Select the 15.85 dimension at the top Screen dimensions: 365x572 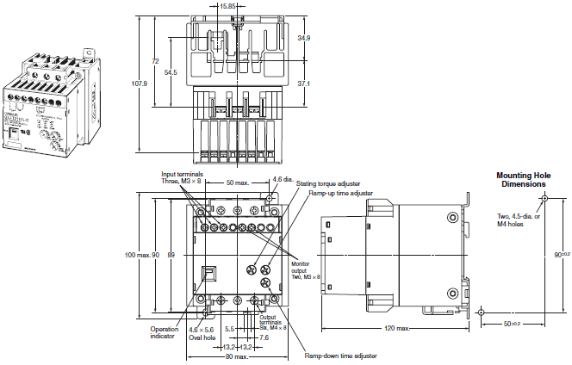(x=228, y=6)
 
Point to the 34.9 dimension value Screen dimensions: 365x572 (x=303, y=39)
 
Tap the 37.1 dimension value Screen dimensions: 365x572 (x=303, y=84)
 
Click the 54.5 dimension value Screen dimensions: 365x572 (x=171, y=73)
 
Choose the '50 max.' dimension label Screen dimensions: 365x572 (x=239, y=183)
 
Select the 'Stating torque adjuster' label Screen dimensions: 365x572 (x=327, y=183)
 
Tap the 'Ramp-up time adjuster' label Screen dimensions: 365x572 (x=342, y=194)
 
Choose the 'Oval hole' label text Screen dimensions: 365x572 (x=201, y=338)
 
